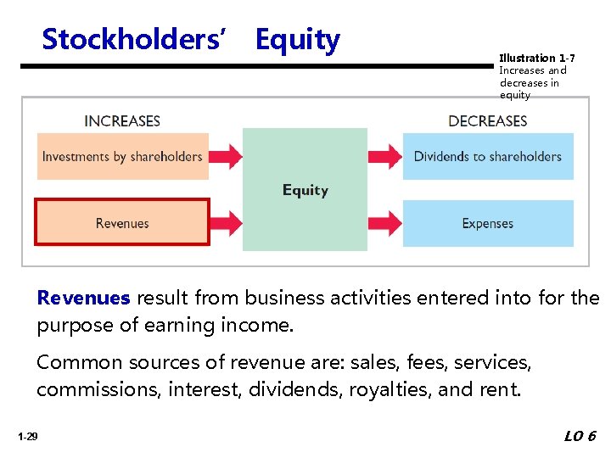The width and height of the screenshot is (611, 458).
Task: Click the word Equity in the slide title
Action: click(x=297, y=39)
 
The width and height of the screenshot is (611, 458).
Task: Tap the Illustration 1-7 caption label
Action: click(x=536, y=58)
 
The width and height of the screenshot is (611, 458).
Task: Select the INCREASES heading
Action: click(x=122, y=120)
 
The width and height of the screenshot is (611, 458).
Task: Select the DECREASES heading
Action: click(x=487, y=120)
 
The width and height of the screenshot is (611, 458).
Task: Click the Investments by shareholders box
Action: click(x=122, y=156)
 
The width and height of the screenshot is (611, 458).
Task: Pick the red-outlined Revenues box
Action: click(x=122, y=223)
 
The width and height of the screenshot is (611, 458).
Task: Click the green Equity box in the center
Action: click(x=305, y=189)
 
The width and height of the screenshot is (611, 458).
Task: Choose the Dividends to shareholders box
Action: click(x=487, y=156)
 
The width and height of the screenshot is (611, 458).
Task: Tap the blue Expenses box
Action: click(x=487, y=223)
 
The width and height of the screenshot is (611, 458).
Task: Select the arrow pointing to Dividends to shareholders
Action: click(x=384, y=156)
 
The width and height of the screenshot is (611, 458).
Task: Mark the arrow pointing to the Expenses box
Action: click(x=384, y=223)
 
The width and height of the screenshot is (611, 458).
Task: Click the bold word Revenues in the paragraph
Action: click(x=83, y=298)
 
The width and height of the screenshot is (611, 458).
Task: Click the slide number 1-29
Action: click(x=26, y=437)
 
